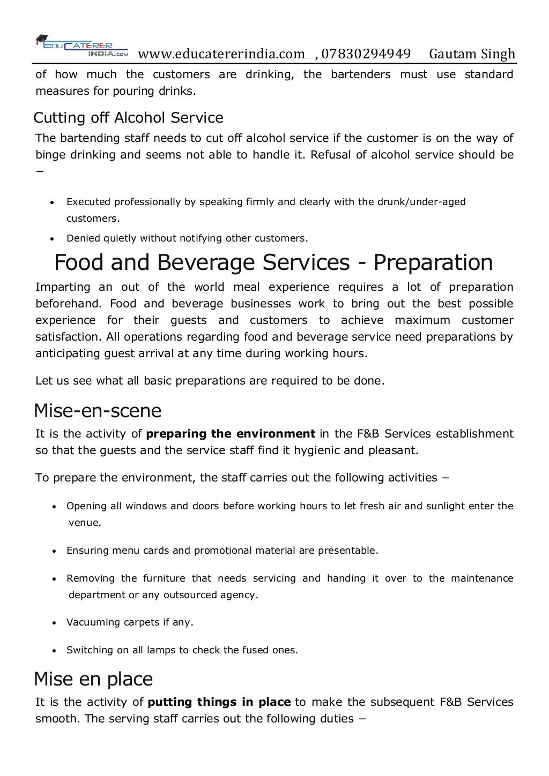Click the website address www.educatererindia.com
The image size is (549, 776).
(x=221, y=54)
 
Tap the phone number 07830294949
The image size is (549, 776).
(x=366, y=54)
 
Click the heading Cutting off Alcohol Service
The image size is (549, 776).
(x=128, y=117)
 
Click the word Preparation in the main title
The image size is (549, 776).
(x=433, y=262)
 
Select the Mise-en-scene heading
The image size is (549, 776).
(x=97, y=411)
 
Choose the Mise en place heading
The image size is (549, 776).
(x=93, y=679)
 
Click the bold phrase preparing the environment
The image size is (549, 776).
(x=231, y=434)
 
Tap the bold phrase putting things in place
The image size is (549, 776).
(x=219, y=702)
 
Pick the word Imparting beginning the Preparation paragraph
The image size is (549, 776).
(x=62, y=287)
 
